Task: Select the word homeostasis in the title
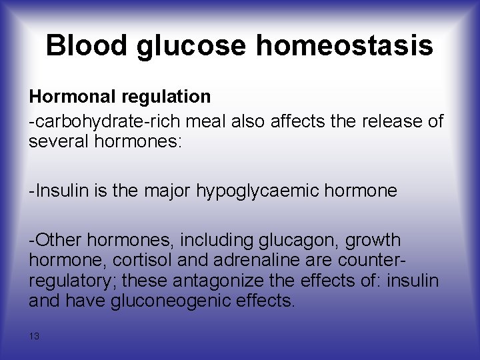(x=344, y=46)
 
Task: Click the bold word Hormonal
(x=73, y=97)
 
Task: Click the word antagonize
(x=234, y=280)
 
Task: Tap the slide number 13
(x=34, y=337)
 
